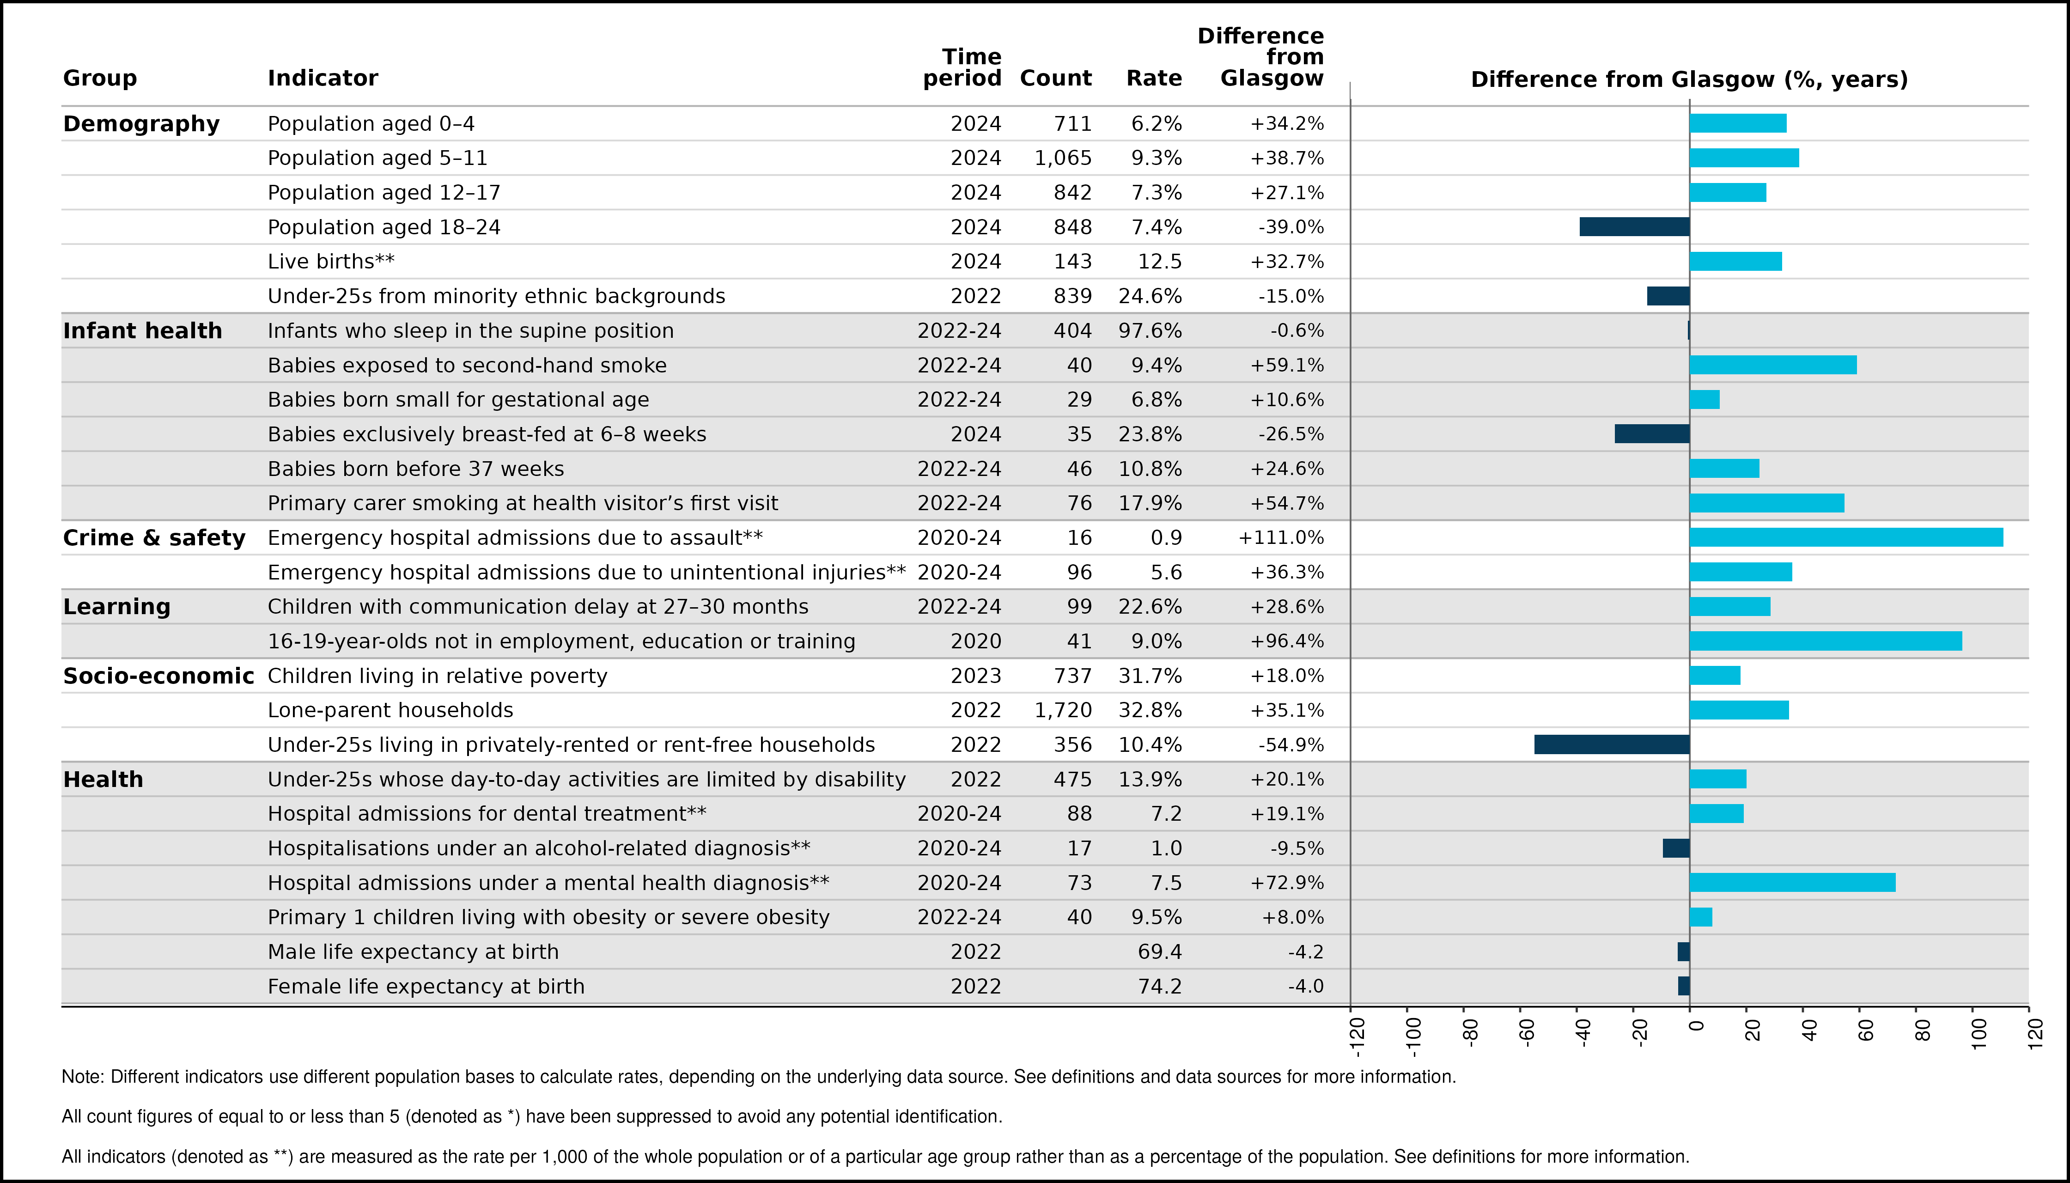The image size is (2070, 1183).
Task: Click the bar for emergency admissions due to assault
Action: (x=1846, y=537)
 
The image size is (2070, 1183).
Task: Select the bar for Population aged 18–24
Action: (x=1635, y=227)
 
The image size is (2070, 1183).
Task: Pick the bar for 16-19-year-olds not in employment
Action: (x=1826, y=641)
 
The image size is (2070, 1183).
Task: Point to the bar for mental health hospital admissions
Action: (x=1792, y=882)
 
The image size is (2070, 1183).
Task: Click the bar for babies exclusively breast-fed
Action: (x=1652, y=434)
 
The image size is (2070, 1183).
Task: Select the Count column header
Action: (x=1055, y=78)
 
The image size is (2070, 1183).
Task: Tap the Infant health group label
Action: (x=142, y=331)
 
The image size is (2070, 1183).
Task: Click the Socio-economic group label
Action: (x=158, y=676)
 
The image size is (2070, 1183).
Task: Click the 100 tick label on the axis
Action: (x=1979, y=1033)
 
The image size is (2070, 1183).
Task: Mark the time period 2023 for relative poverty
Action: (x=976, y=676)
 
